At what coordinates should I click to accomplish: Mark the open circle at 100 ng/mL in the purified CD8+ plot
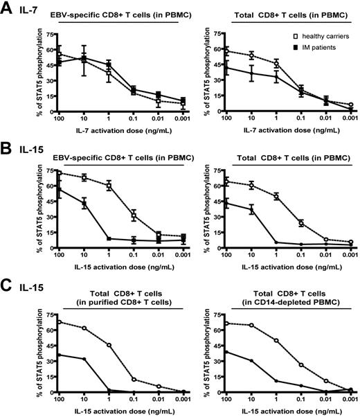[59, 322]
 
